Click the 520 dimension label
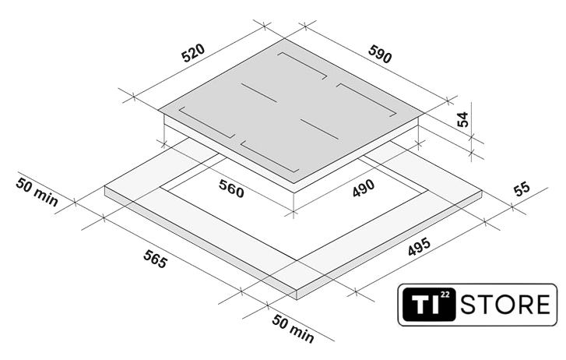193,53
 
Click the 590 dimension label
380,55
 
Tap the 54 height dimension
462,119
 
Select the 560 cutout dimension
231,189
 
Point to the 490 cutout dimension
364,189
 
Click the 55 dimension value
522,189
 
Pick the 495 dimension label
419,246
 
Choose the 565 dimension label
155,259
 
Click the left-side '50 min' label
37,192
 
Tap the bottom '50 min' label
293,329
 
